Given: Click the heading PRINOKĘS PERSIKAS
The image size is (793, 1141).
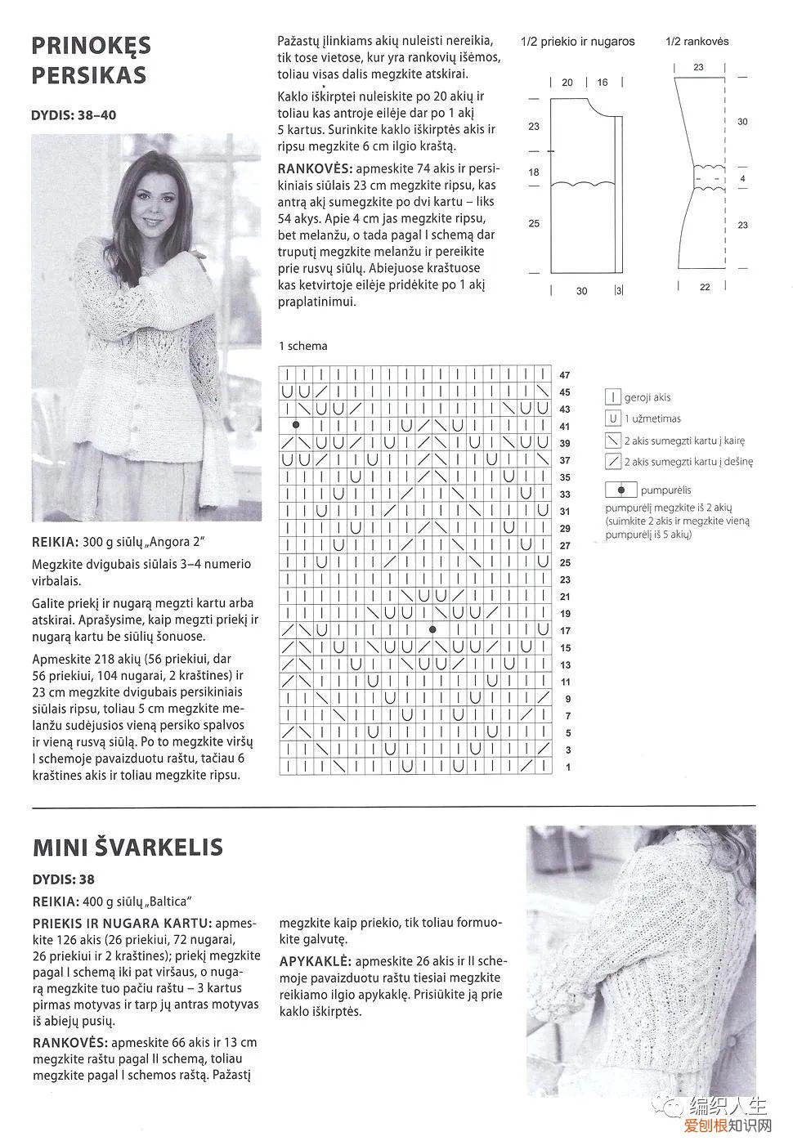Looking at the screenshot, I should point(91,60).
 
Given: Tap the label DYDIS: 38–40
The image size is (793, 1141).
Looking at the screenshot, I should point(74,115).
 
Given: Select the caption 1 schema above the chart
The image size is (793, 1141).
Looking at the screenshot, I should point(303,346).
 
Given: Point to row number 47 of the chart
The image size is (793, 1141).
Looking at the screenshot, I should point(565,375).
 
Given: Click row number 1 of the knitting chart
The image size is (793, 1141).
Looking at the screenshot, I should point(567,767).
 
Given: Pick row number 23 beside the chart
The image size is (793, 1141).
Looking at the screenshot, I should point(565,579).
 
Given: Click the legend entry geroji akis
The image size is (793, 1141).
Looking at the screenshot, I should point(647,397).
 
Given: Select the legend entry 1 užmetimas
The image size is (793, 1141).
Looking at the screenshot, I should point(652,418).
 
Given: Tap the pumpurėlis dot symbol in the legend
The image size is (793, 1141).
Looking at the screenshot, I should point(622,490).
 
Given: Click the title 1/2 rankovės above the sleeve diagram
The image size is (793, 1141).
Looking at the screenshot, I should point(697,41).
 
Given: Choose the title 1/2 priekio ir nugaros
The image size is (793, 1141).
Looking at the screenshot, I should point(577,41).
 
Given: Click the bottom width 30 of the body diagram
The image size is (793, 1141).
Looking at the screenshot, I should point(581,291).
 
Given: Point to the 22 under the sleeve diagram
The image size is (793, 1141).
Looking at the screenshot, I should point(704,287).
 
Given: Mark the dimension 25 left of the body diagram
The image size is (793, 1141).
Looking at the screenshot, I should point(534,223).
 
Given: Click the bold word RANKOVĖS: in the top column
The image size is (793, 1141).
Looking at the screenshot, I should point(316,168).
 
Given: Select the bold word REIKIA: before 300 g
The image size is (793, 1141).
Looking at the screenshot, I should point(56,542).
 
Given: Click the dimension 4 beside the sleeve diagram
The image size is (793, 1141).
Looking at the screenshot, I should point(742,178).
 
